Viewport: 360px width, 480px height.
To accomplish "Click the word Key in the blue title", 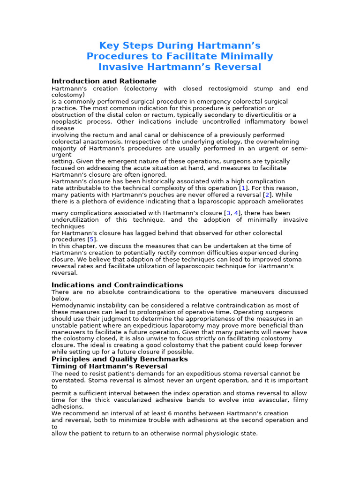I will (x=108, y=45).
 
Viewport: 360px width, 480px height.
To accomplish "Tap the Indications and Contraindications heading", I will (x=117, y=285).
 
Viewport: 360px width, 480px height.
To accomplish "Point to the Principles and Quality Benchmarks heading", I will (x=120, y=359).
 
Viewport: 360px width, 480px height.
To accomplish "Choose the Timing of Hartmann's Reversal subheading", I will (x=109, y=366).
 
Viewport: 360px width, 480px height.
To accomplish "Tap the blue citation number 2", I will (x=267, y=195).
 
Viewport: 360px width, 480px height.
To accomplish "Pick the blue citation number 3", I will (x=229, y=213).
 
